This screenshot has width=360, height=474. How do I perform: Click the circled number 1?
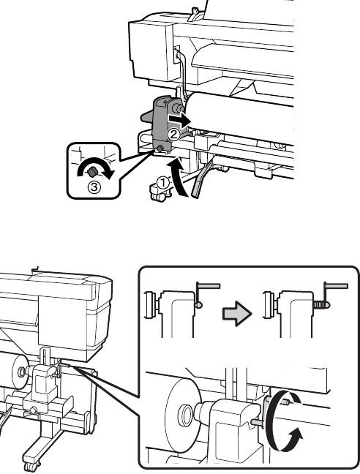click(163, 182)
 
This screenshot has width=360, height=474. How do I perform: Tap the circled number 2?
click(174, 134)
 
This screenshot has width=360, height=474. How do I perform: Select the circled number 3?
click(94, 187)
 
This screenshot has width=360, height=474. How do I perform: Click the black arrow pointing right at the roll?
click(179, 120)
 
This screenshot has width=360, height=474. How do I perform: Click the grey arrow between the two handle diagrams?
click(237, 314)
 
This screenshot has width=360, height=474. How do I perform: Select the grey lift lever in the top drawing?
click(200, 178)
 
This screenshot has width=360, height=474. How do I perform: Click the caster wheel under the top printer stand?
click(160, 197)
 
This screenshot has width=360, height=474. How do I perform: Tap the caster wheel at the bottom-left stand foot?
click(28, 467)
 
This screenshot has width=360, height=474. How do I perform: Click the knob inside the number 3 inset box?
click(92, 172)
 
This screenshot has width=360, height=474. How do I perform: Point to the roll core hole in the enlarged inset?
click(185, 415)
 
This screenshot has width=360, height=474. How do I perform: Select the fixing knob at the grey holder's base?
click(160, 148)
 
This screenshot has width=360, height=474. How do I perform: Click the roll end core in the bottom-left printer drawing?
click(21, 372)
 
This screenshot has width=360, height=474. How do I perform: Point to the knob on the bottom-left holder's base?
click(33, 410)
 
